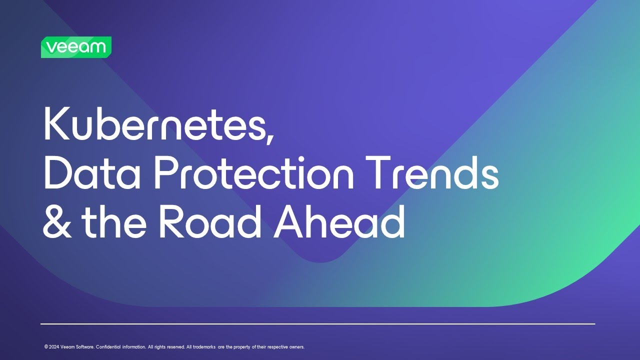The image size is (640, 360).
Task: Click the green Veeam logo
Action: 76,47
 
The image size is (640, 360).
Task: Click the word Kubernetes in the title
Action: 155,125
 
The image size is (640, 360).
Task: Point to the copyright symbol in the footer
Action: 46,347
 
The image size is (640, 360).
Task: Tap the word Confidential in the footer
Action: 108,347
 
